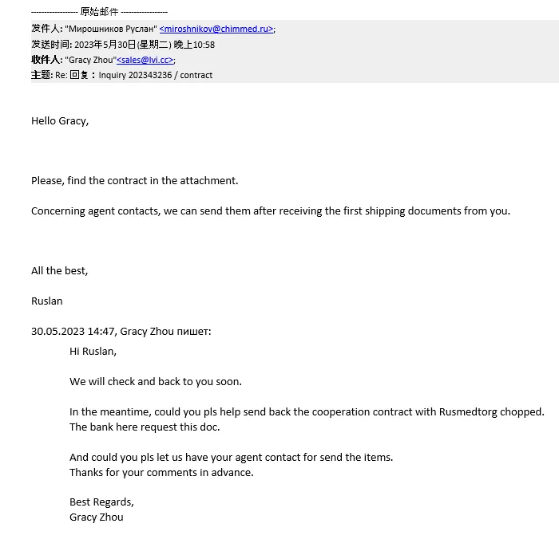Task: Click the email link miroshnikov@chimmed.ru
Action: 216,29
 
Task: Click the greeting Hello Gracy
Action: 59,121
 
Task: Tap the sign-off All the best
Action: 59,271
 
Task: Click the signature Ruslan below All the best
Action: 46,301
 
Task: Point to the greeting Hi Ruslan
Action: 93,351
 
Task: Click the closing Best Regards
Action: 101,502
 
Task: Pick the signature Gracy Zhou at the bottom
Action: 96,517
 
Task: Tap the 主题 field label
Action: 41,75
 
